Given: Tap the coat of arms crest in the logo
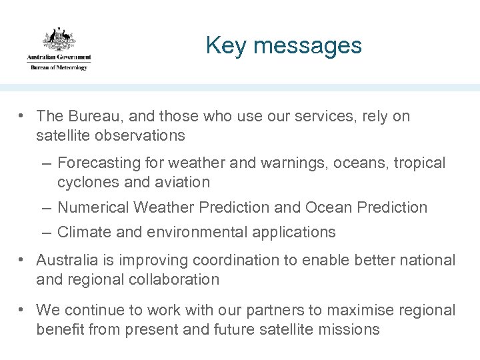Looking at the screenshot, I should point(59,39).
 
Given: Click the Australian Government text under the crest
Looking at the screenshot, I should point(59,59).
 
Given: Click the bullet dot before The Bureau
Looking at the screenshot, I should point(22,116).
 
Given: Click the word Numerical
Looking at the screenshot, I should point(93,207).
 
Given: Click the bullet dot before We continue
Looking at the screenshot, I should point(22,310).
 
